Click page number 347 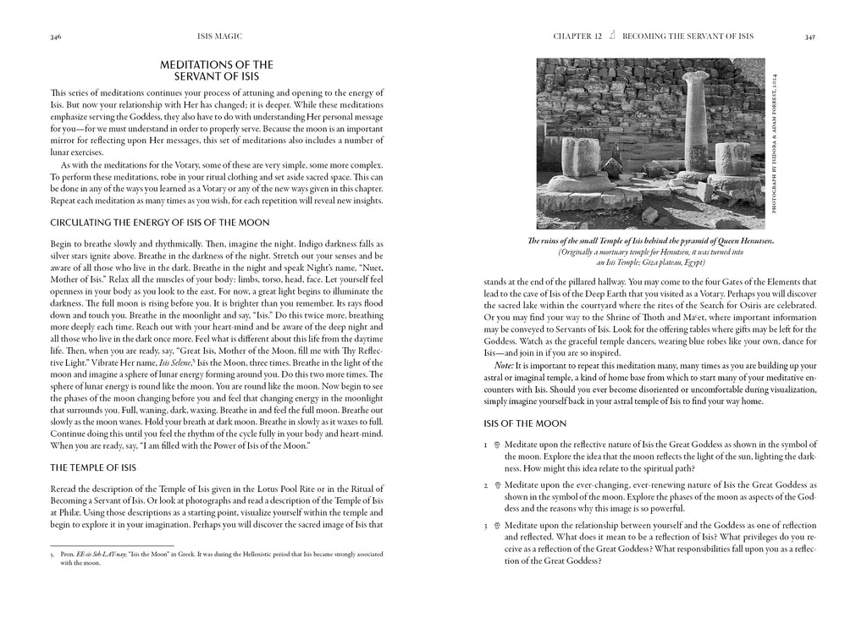click(x=810, y=36)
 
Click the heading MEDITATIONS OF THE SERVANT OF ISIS click(x=217, y=70)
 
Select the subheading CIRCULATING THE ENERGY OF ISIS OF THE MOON click(x=160, y=223)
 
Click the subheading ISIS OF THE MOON click(x=525, y=423)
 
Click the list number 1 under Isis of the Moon click(x=486, y=445)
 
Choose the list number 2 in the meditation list click(x=486, y=485)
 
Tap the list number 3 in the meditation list click(x=486, y=526)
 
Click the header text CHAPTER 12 click(x=577, y=36)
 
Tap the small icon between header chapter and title click(x=612, y=36)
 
